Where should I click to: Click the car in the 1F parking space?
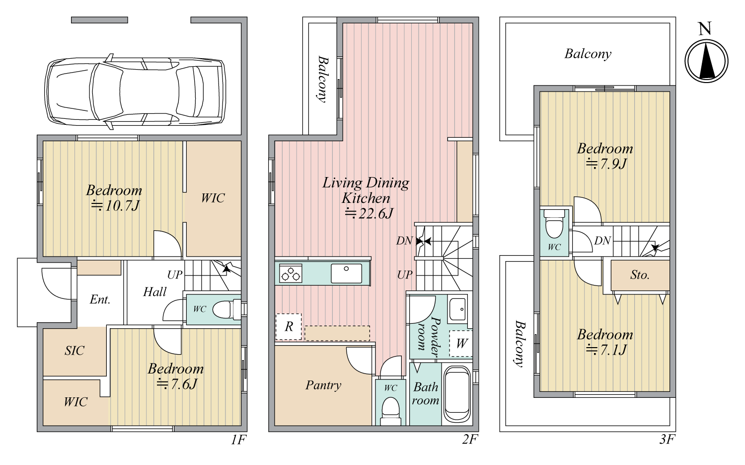135,92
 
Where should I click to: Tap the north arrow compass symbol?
706,61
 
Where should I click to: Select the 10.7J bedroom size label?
115,206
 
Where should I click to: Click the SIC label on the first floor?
74,351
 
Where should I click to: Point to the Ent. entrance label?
100,299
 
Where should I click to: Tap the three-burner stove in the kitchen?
291,274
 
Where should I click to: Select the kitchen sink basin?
346,274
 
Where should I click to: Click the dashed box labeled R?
289,327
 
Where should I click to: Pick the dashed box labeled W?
460,344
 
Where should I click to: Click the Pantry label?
323,385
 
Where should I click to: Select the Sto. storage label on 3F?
640,275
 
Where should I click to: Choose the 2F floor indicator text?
470,440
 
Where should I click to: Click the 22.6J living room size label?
369,213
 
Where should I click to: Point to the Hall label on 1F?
154,292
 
